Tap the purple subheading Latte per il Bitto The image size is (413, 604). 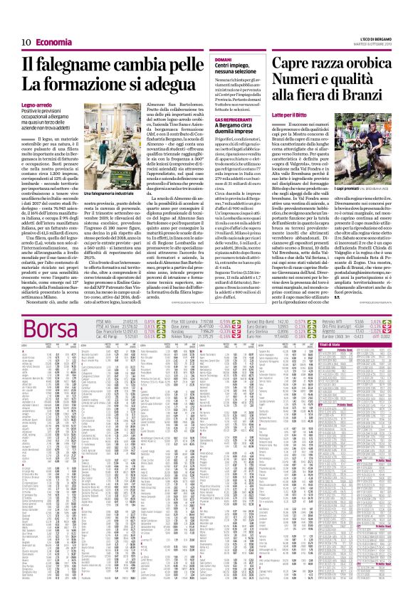click(x=319, y=115)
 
